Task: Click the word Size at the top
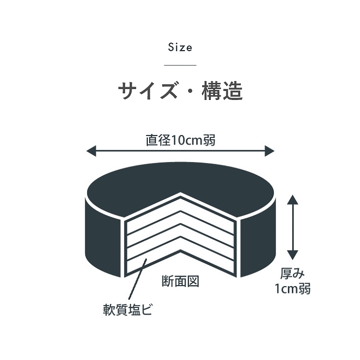[180, 47]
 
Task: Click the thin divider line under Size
[180, 65]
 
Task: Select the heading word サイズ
[148, 91]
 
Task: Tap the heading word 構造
[222, 91]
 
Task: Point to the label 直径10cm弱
[180, 140]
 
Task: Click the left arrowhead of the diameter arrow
[91, 151]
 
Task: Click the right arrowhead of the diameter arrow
[270, 151]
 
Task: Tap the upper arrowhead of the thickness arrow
[292, 199]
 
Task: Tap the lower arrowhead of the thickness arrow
[292, 255]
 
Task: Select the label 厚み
[293, 274]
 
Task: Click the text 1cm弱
[293, 288]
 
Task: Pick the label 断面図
[180, 281]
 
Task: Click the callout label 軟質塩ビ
[127, 309]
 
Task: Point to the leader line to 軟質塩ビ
[137, 279]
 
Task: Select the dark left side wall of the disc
[103, 236]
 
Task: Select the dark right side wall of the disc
[258, 236]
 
